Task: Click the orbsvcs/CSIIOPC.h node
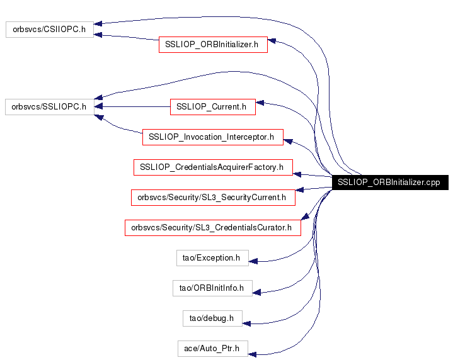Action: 50,30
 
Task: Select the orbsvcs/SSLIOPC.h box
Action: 50,106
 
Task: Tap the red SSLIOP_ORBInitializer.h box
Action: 213,45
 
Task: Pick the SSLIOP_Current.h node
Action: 212,107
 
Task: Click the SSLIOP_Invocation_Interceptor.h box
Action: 213,137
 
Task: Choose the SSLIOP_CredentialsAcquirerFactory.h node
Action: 213,167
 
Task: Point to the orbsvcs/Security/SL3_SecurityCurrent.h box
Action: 213,198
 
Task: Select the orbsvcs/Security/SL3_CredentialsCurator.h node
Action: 213,227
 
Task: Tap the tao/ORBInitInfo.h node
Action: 212,288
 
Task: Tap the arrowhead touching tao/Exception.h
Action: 253,259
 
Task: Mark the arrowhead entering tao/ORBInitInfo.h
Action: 256,291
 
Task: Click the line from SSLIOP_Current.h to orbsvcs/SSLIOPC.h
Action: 135,107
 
